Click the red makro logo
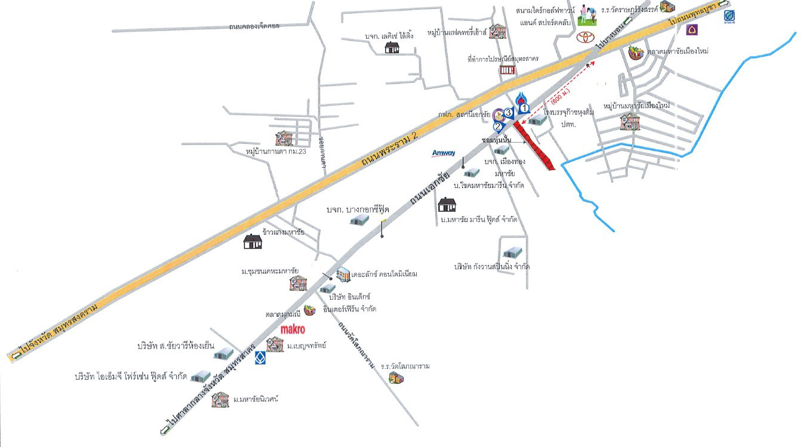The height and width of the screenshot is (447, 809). click(293, 329)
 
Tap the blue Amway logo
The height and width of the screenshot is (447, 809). click(444, 153)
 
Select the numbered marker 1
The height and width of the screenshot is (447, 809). click(524, 108)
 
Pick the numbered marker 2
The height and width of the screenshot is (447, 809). click(497, 126)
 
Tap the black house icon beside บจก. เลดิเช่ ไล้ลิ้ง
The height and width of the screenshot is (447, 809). click(392, 48)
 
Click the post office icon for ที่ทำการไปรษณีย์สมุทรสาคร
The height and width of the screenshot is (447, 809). click(507, 70)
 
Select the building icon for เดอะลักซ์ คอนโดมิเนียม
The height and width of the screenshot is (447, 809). click(343, 275)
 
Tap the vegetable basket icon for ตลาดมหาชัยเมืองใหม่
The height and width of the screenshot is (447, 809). click(636, 52)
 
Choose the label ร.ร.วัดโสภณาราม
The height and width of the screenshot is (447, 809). click(405, 366)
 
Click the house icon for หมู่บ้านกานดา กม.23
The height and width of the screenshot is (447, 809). click(284, 139)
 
